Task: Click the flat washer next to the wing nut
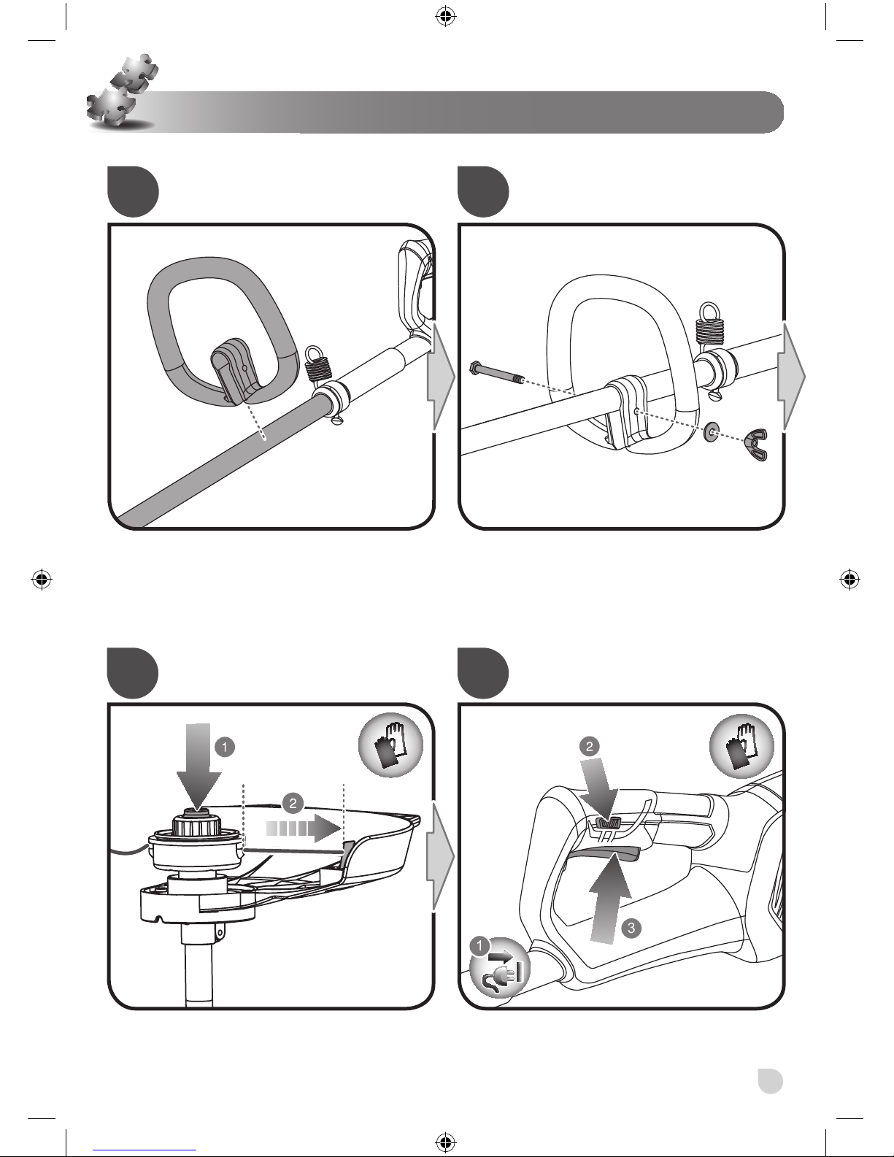712,432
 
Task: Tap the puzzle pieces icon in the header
120,91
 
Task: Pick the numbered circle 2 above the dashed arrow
293,804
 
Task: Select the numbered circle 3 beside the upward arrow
633,928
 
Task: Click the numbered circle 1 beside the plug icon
479,945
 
